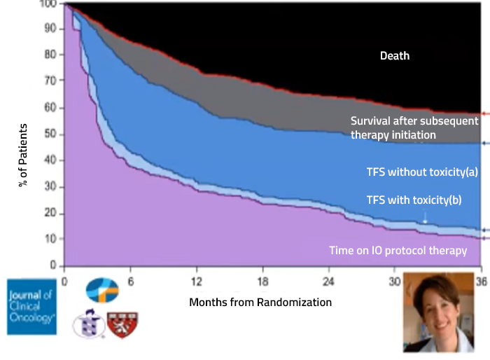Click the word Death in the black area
click(395, 55)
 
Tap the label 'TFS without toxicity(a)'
click(422, 172)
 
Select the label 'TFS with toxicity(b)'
click(414, 200)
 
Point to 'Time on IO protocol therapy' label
click(398, 251)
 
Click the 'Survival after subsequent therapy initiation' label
click(414, 128)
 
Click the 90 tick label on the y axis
click(50, 29)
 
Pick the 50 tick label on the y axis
click(50, 134)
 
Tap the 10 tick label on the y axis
click(50, 239)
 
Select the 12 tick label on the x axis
click(197, 282)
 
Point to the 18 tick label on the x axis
click(262, 282)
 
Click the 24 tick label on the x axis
click(328, 282)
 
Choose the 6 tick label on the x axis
click(131, 282)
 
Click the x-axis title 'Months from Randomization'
click(260, 303)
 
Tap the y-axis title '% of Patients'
click(23, 155)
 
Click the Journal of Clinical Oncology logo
click(32, 307)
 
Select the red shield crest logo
click(122, 325)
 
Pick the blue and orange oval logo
click(102, 290)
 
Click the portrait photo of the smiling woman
click(439, 312)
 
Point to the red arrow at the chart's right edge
click(485, 114)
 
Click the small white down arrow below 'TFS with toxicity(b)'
click(425, 216)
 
